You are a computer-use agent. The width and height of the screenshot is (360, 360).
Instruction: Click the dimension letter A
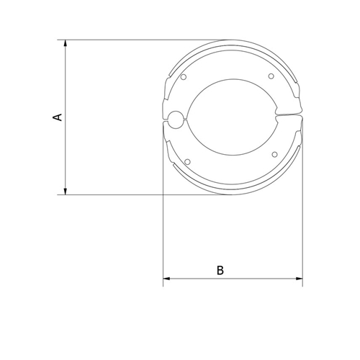58,117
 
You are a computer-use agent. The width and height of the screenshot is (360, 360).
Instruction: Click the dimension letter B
221,271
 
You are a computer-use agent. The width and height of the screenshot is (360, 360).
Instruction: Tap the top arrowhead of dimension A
66,44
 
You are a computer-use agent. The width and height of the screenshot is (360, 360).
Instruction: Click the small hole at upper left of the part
184,77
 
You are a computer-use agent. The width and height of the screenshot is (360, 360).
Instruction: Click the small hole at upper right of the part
271,77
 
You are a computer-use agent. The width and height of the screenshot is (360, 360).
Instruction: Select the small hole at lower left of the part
187,160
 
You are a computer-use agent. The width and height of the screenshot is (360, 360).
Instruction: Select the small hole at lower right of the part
274,153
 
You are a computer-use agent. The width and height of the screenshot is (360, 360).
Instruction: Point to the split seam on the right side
288,114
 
